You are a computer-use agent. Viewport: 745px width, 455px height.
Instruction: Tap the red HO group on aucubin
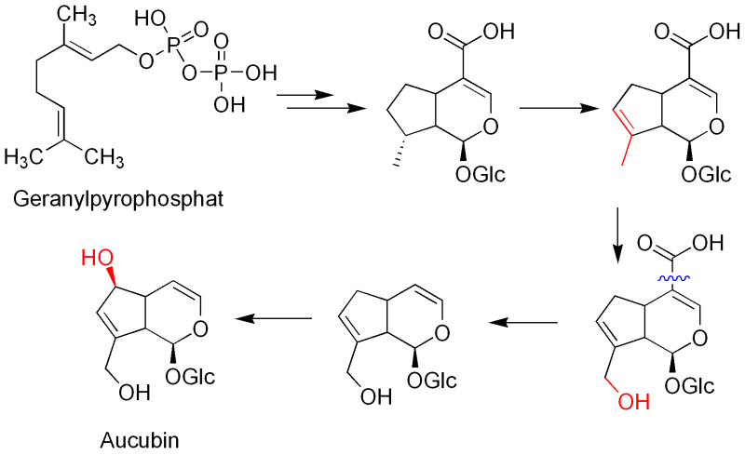coord(93,254)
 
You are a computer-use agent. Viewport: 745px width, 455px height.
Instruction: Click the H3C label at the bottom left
coord(26,154)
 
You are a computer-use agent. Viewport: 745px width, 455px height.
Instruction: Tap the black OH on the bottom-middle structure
coord(371,397)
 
